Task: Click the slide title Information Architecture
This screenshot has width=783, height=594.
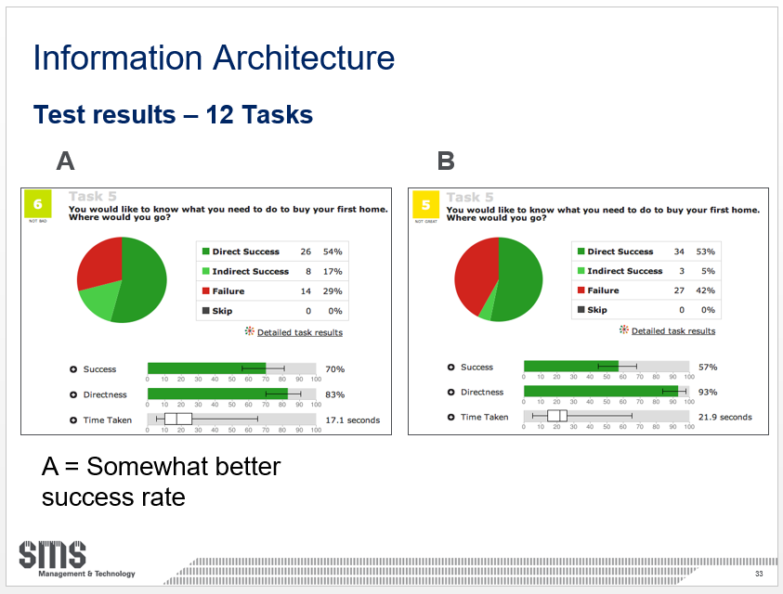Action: click(x=214, y=58)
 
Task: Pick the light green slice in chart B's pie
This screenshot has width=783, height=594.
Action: click(x=486, y=310)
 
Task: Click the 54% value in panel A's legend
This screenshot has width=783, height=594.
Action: click(x=333, y=252)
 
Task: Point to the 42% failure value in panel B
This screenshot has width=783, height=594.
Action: click(x=705, y=291)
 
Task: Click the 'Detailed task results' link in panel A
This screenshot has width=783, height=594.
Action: click(x=299, y=332)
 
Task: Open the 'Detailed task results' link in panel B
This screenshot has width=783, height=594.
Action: click(x=673, y=330)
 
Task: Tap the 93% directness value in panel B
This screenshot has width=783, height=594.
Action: click(x=708, y=392)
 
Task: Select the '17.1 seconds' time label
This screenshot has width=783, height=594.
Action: click(x=352, y=420)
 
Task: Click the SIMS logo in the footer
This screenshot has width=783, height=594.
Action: click(x=53, y=554)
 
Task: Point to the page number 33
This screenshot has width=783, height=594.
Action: click(x=759, y=575)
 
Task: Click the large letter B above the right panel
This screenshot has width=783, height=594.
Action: click(x=446, y=161)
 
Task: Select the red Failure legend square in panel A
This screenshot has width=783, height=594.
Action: click(x=204, y=291)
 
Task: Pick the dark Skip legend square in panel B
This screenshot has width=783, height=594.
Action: click(x=581, y=310)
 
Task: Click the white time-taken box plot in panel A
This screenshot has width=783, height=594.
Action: click(x=177, y=420)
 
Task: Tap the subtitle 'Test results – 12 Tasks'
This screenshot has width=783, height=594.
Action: click(x=173, y=115)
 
